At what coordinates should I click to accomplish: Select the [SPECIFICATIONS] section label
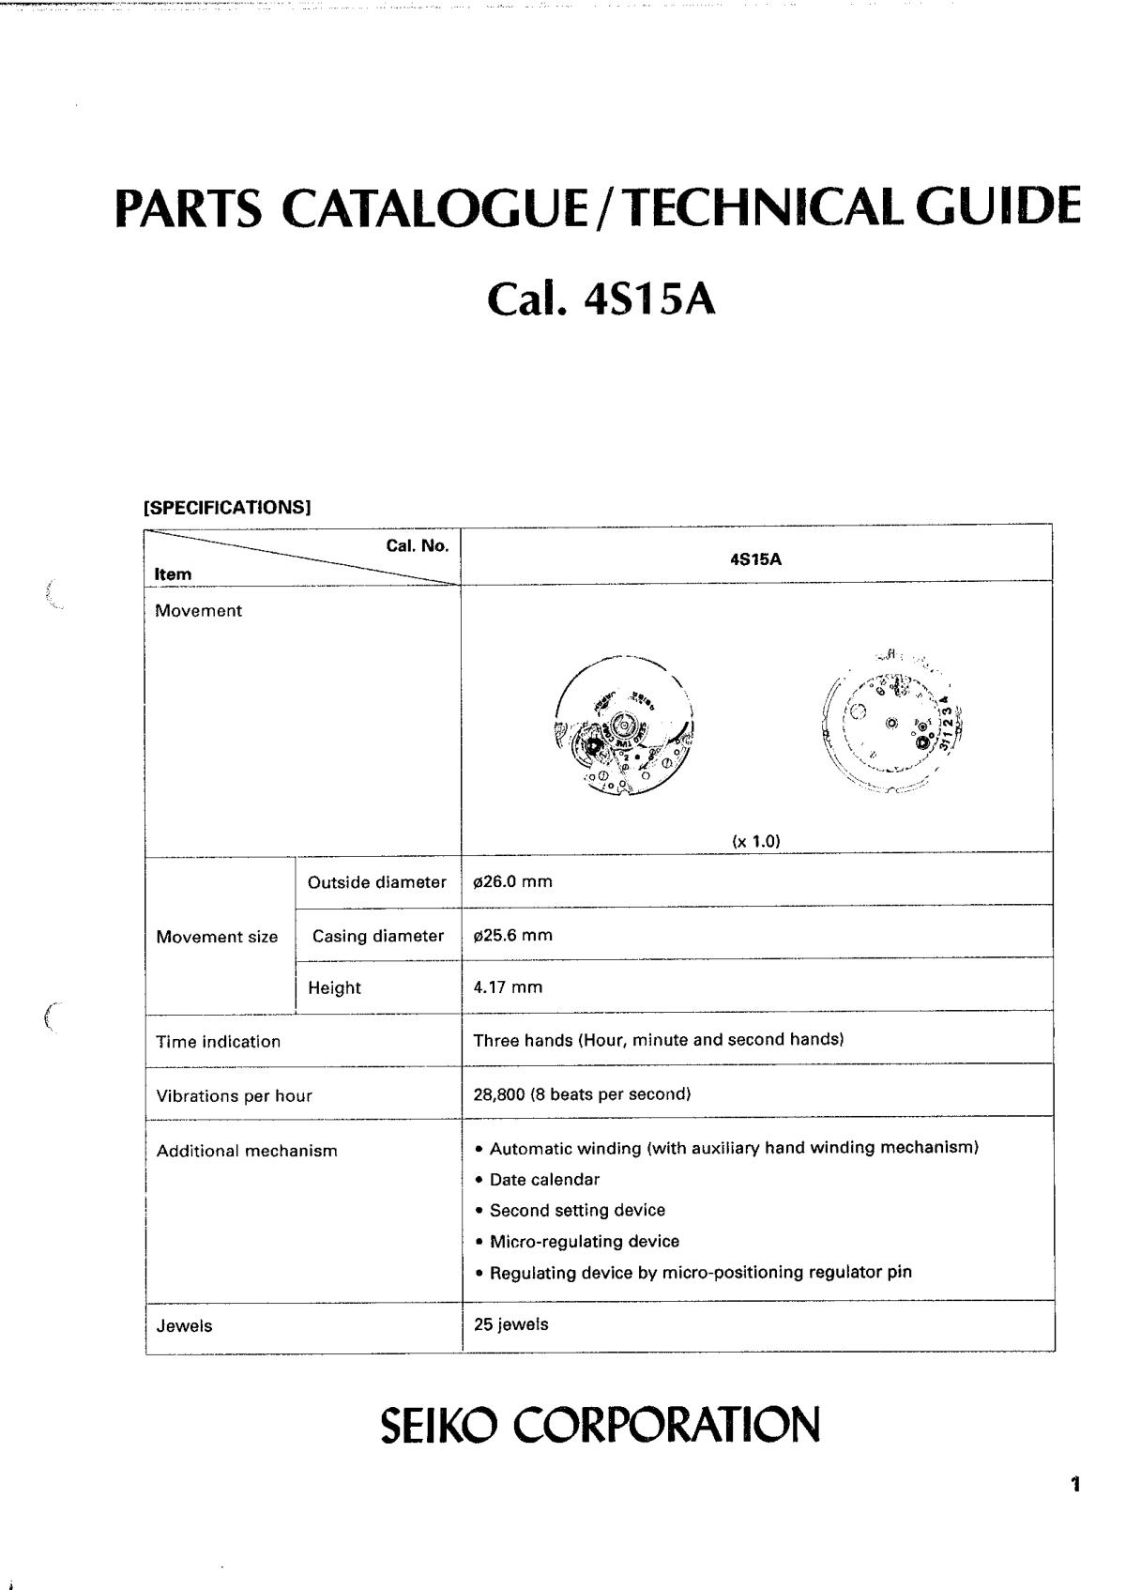coord(226,508)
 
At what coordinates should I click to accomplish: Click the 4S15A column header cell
coord(755,559)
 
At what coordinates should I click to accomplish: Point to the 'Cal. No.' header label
coord(418,545)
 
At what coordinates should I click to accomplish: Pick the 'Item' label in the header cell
coord(174,573)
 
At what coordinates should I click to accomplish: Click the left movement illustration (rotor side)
coord(625,725)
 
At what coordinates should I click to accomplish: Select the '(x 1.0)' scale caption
coord(756,841)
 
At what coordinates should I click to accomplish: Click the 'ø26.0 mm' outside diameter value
coord(512,881)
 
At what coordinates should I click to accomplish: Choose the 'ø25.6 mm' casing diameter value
coord(512,935)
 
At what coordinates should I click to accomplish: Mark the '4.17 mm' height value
coord(508,986)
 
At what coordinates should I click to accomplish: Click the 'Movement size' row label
coord(217,937)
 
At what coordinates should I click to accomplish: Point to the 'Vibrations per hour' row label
coord(234,1095)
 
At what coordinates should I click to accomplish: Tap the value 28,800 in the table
coord(501,1093)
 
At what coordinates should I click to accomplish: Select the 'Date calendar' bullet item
coord(543,1179)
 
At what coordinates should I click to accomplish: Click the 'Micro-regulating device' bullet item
coord(584,1241)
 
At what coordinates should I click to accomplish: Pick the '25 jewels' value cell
coord(510,1324)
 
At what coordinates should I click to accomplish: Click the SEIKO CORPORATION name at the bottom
coord(600,1425)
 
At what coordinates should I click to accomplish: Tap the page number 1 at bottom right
coord(1075,1485)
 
